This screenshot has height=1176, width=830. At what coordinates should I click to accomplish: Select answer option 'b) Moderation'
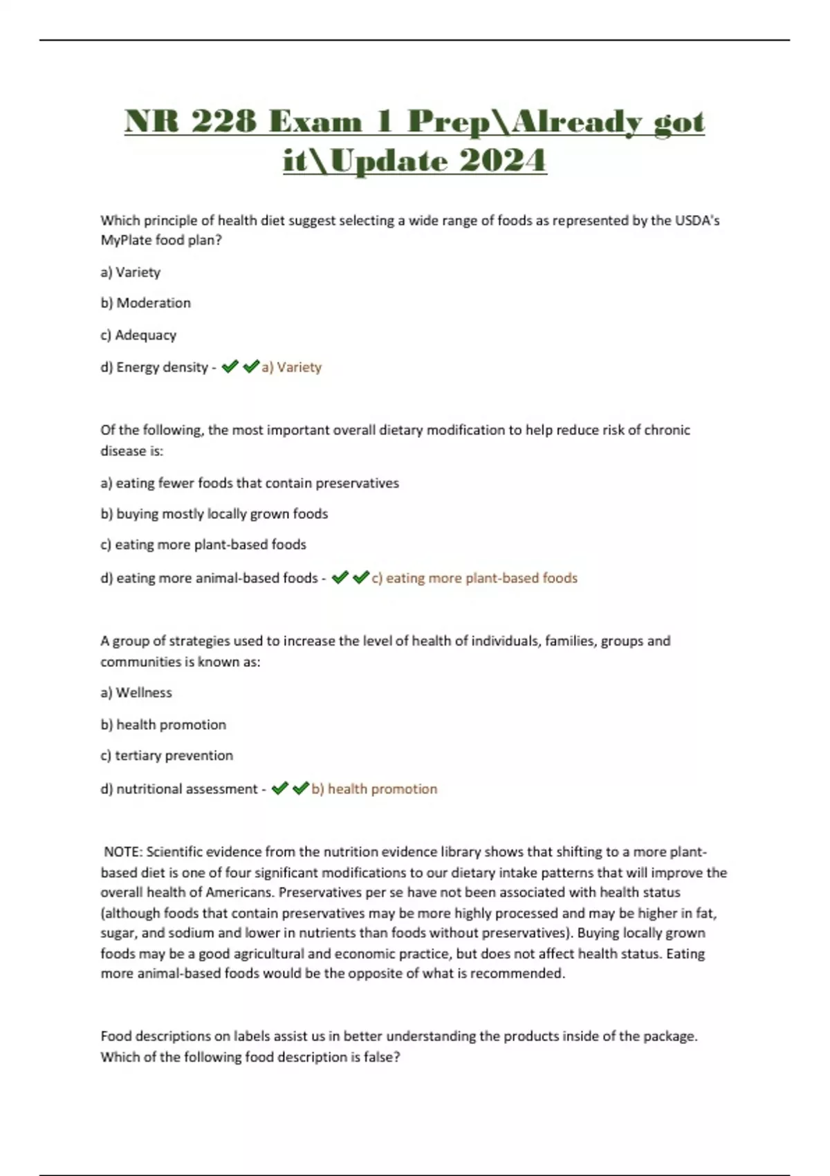[145, 303]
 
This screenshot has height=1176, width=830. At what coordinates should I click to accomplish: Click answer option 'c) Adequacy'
[138, 335]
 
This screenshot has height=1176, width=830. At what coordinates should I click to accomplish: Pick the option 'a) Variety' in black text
[131, 272]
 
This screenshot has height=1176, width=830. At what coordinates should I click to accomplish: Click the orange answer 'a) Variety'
[291, 367]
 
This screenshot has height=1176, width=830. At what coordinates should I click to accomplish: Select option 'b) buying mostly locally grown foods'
[214, 514]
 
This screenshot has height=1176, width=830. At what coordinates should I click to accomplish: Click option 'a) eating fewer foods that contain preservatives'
[250, 483]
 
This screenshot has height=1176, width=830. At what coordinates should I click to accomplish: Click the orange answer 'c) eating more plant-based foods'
[474, 578]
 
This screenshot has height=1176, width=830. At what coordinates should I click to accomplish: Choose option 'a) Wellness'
[136, 692]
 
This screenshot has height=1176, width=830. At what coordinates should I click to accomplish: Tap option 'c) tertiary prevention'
[167, 755]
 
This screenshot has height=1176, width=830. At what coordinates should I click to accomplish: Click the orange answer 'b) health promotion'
[374, 789]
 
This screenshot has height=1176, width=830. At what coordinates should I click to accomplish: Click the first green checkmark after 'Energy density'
[230, 367]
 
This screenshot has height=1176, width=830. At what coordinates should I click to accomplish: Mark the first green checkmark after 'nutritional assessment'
[279, 789]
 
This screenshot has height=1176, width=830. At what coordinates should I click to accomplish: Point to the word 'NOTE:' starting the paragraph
[123, 852]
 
